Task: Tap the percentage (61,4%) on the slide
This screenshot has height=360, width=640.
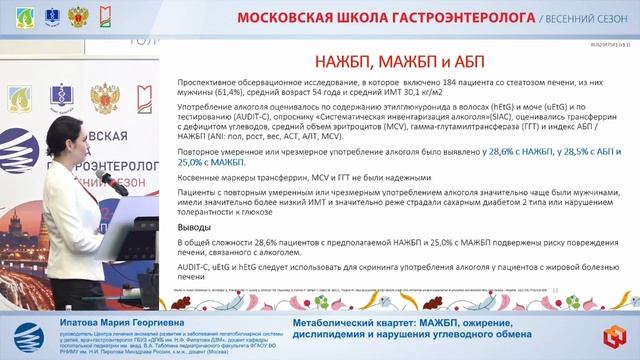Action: coord(229,96)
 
